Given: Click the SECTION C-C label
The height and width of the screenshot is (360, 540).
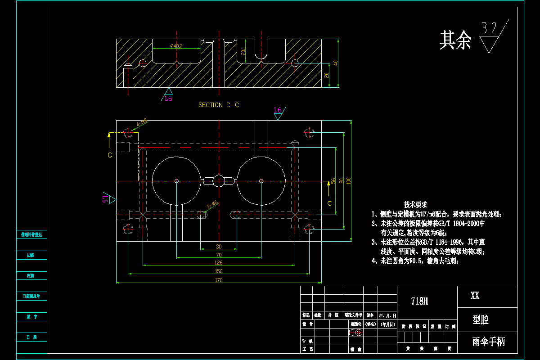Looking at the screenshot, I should pyautogui.click(x=219, y=105).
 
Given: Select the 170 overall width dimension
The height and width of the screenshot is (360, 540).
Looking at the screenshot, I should pyautogui.click(x=219, y=280).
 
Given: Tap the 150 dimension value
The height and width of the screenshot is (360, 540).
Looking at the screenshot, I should pyautogui.click(x=219, y=271).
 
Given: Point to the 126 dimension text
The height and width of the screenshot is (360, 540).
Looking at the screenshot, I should pyautogui.click(x=219, y=262).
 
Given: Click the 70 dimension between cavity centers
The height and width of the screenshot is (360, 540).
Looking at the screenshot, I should pyautogui.click(x=219, y=255).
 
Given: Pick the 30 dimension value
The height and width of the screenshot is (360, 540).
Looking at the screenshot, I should pyautogui.click(x=219, y=247).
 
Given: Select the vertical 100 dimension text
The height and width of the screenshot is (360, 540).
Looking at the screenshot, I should pyautogui.click(x=348, y=180).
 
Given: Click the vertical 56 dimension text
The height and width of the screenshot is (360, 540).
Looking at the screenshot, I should pyautogui.click(x=333, y=180).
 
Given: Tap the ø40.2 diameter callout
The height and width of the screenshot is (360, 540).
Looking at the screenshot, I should pyautogui.click(x=176, y=46).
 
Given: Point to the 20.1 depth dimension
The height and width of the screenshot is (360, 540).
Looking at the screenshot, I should pyautogui.click(x=243, y=51).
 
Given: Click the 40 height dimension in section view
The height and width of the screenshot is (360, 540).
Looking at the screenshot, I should pyautogui.click(x=335, y=63).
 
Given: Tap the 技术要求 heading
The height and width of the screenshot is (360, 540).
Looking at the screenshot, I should pyautogui.click(x=415, y=204).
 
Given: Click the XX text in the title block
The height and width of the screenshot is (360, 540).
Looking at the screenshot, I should pyautogui.click(x=475, y=296).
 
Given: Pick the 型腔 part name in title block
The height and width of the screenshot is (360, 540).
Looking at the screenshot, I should pyautogui.click(x=481, y=320).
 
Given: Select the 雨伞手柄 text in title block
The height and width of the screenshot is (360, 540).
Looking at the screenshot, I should pyautogui.click(x=488, y=342).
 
